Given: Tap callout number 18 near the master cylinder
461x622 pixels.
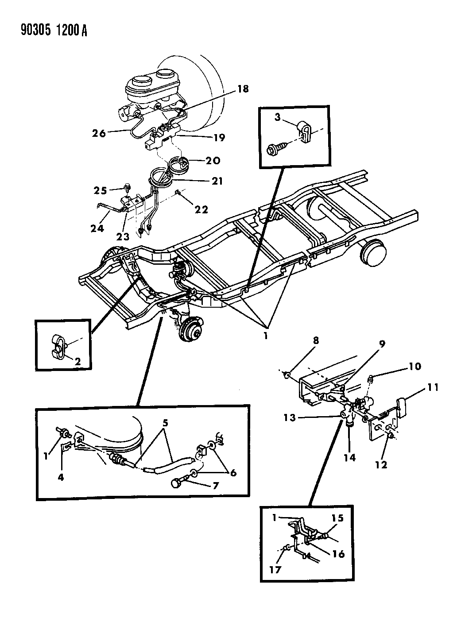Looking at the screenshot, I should (x=242, y=89).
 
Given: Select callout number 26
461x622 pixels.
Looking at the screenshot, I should (x=99, y=132).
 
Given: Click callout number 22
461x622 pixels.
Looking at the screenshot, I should (x=201, y=209).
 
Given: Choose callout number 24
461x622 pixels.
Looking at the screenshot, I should (x=97, y=228).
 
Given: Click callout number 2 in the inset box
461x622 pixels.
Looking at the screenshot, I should (x=77, y=361).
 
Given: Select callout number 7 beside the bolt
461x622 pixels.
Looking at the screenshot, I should (x=215, y=486).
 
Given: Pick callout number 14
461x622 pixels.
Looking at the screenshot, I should (x=350, y=457).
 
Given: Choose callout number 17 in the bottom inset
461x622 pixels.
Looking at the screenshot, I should (x=275, y=569).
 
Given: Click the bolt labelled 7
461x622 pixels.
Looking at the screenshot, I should (x=179, y=483).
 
